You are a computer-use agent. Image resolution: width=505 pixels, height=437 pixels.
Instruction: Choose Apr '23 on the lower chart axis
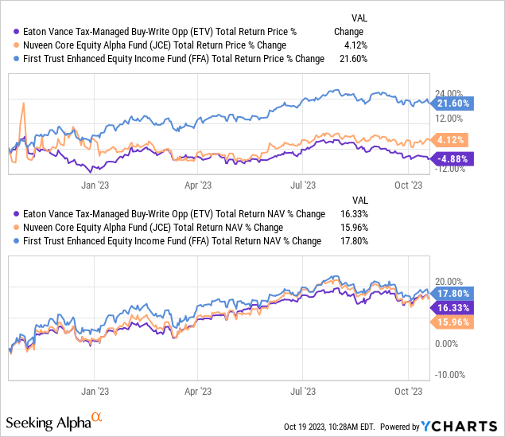197,391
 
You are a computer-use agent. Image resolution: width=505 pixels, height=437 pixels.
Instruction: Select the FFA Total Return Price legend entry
171,58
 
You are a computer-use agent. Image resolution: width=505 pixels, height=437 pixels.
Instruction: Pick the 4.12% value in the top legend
352,45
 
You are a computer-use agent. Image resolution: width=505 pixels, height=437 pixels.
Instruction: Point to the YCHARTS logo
460,426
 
